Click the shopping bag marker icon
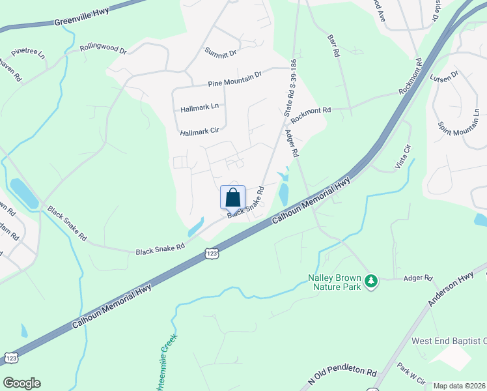click(233, 197)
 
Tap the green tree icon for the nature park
click(371, 281)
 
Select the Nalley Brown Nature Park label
click(334, 281)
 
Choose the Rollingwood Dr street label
click(104, 48)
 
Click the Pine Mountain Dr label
click(234, 80)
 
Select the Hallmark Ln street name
click(201, 106)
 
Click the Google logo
click(21, 383)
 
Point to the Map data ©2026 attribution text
click(459, 386)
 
